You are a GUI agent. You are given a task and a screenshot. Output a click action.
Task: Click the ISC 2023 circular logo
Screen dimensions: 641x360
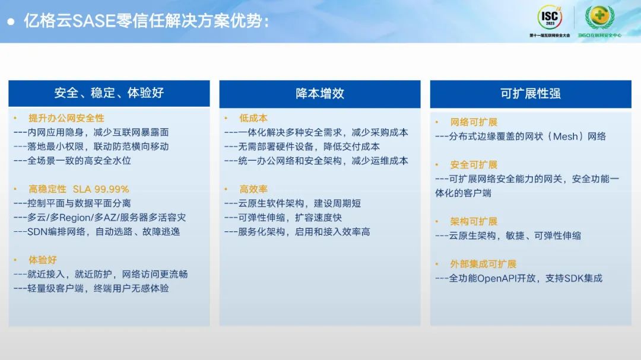[550, 17]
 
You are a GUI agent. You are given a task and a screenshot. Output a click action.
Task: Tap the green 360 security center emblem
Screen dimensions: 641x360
[599, 17]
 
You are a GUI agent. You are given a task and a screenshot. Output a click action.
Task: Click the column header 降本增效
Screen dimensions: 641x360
[320, 94]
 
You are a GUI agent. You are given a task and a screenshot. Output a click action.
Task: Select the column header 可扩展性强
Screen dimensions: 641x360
[531, 94]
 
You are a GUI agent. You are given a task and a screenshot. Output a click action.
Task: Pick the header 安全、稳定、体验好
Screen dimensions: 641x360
[109, 93]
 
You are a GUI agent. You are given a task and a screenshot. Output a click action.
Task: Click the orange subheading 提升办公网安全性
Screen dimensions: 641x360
[66, 118]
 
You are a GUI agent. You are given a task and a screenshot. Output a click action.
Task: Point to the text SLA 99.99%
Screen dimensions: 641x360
[101, 189]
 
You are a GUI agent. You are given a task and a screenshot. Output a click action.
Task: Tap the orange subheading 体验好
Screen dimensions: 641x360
[43, 260]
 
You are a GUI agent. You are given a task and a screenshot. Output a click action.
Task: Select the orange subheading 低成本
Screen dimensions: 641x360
[253, 118]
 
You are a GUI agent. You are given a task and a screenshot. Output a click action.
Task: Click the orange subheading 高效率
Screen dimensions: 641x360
[253, 189]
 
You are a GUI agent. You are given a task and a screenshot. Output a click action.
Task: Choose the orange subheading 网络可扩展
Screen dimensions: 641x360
[474, 122]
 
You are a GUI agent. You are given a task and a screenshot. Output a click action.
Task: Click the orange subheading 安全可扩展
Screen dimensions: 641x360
[474, 165]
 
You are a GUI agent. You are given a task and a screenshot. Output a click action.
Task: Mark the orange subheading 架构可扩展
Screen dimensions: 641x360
[474, 221]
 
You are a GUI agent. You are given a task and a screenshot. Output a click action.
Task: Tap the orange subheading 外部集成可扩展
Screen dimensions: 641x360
[483, 264]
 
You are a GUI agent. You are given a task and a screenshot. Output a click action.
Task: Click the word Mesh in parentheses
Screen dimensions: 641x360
[566, 136]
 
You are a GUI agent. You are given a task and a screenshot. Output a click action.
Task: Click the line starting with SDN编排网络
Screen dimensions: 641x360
[97, 232]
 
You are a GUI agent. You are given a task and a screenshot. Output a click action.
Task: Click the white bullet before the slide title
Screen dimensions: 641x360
[11, 22]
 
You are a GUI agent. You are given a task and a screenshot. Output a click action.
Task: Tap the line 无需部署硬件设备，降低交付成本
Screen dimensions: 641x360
[302, 146]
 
